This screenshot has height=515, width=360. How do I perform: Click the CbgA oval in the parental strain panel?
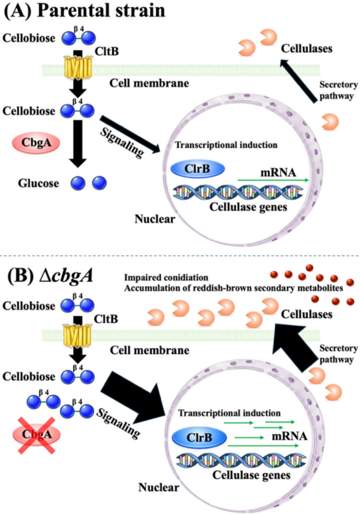[x=36, y=143]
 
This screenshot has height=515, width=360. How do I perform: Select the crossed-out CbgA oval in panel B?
[x=36, y=434]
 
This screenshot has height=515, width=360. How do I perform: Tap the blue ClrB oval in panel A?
[x=198, y=169]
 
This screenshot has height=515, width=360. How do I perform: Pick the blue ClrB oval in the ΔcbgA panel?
[x=200, y=438]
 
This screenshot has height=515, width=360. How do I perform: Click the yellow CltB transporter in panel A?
[x=78, y=68]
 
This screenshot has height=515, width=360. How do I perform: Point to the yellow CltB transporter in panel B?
[x=77, y=335]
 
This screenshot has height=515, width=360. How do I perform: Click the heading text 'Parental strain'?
[x=101, y=11]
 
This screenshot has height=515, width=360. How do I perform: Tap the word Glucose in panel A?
[x=38, y=183]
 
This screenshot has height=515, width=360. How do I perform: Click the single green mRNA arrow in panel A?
[x=273, y=180]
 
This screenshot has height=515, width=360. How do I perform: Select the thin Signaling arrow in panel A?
[x=130, y=134]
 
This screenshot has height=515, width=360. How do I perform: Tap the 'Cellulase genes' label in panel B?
[x=252, y=475]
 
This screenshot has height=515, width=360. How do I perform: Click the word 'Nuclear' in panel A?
[x=155, y=219]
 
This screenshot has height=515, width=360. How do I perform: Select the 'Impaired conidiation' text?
[x=166, y=278]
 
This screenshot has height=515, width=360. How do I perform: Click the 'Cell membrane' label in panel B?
[x=150, y=350]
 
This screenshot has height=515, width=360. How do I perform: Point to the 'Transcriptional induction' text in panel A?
[x=226, y=145]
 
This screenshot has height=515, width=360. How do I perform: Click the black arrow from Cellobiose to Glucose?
[x=78, y=144]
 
